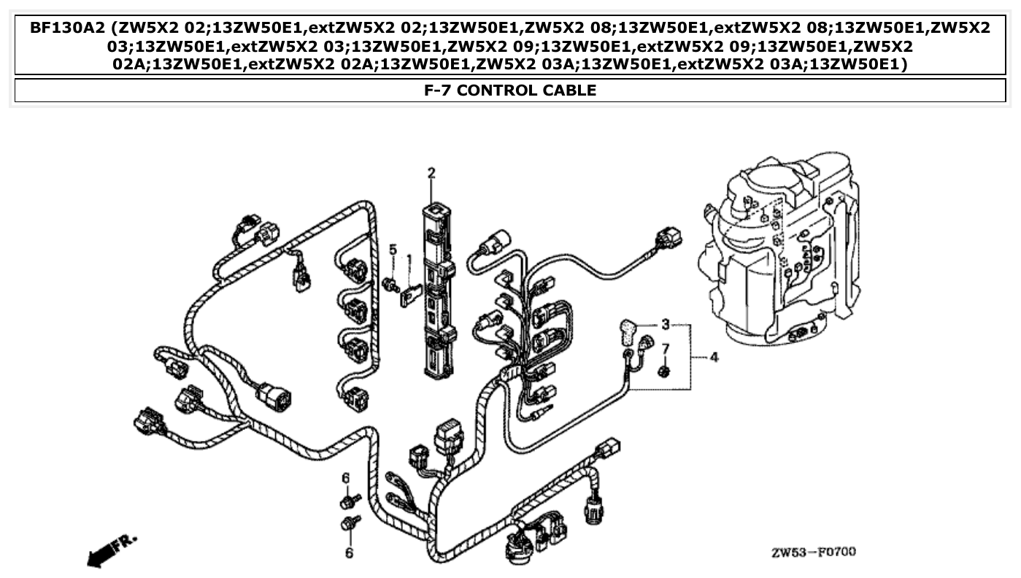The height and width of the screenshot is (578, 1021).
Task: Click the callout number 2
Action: [431, 173]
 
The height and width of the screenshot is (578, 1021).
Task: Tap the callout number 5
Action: [393, 250]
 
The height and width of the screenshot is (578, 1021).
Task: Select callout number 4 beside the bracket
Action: [713, 358]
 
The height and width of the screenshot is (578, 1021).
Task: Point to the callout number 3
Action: [665, 323]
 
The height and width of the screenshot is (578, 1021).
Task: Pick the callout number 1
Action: [409, 258]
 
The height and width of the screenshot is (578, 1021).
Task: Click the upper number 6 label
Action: [346, 478]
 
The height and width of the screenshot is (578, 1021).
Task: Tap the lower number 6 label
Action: [349, 553]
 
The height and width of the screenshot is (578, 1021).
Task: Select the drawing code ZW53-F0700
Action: [814, 552]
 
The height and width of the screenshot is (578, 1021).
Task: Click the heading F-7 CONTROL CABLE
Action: [510, 90]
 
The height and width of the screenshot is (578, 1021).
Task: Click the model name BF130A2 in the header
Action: [66, 28]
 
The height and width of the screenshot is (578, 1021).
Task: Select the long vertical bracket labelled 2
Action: [436, 292]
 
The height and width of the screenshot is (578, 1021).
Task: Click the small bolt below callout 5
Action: [391, 284]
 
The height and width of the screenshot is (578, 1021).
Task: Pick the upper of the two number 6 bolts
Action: [350, 501]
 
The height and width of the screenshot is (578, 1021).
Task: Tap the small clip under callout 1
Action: [412, 295]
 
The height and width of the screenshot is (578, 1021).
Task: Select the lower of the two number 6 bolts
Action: [350, 523]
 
